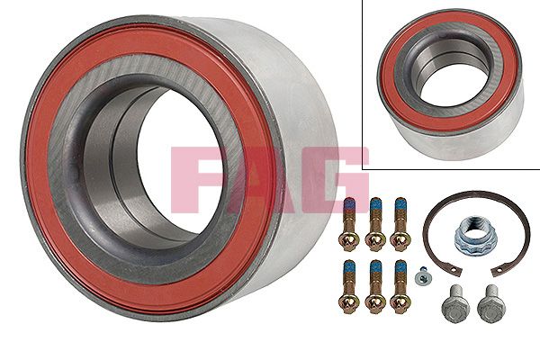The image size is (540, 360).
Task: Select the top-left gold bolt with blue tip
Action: [x=349, y=224]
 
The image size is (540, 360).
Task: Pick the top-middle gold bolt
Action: [x=375, y=224]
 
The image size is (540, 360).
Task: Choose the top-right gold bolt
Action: [x=400, y=224]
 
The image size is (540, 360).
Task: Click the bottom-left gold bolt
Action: [x=349, y=286]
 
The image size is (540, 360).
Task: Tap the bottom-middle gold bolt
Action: [x=375, y=286]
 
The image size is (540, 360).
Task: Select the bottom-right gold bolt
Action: [x=400, y=286]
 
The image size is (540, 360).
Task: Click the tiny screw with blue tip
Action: [x=421, y=275]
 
